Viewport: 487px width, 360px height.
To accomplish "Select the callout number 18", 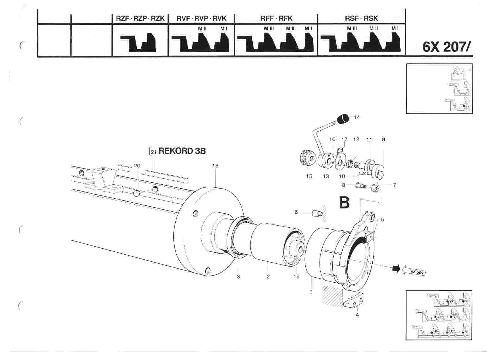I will click(x=215, y=166).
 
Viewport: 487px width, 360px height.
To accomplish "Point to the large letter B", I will click(x=344, y=202).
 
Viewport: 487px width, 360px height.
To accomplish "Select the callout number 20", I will click(x=137, y=166).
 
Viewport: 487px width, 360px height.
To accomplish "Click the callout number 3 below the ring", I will click(x=238, y=276).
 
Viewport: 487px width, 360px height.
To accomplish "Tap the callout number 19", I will click(x=296, y=276).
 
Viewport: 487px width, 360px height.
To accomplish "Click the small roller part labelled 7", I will click(x=376, y=188).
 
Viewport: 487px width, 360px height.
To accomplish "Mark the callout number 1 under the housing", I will click(x=311, y=292).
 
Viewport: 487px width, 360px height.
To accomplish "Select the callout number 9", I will click(x=384, y=140).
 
